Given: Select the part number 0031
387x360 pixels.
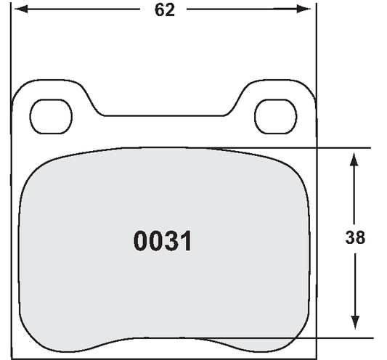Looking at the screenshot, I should pos(163,242).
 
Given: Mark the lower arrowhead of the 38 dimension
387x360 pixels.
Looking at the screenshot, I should pos(354,328).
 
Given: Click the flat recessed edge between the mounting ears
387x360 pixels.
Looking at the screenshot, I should pos(166,115).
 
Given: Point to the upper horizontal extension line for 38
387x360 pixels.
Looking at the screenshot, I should pos(341,148).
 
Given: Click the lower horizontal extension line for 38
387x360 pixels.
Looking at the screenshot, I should pos(341,338).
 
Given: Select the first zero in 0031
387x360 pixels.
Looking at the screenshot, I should pos(142,242).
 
